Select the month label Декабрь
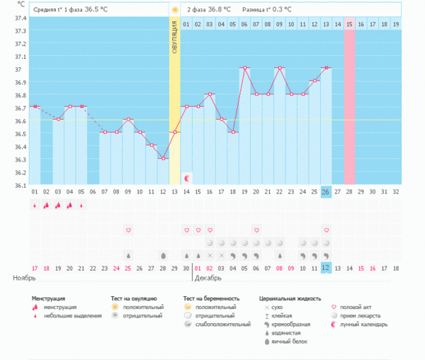pos(209,278)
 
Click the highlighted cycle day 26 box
pos(326,191)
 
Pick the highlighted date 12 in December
pos(326,267)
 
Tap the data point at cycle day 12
pos(163,158)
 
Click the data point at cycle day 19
pos(244,68)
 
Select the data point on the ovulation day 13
pos(174,133)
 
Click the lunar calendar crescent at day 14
pos(187,177)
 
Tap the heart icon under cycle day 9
pos(128,230)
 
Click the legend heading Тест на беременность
pos(216,299)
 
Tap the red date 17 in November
pos(35,267)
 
